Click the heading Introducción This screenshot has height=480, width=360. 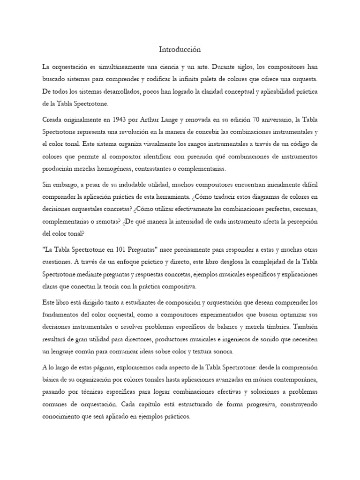pyautogui.click(x=180, y=49)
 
